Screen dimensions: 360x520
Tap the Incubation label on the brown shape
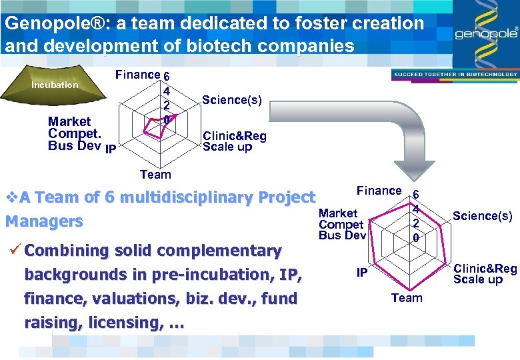(x=54, y=85)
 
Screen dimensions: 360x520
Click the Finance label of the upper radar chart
(x=137, y=75)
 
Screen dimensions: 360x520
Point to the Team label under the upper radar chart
(x=155, y=175)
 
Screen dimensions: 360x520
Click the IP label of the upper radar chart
(x=111, y=147)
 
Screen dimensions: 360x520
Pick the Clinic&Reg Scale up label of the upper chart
(x=234, y=141)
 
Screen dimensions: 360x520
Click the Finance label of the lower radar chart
(x=379, y=191)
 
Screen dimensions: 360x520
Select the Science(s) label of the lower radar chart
(x=482, y=216)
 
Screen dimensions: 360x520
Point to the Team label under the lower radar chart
(x=407, y=298)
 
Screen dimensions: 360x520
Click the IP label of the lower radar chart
(x=361, y=273)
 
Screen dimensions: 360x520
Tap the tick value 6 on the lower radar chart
(x=415, y=195)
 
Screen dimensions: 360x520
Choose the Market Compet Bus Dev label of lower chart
(x=342, y=224)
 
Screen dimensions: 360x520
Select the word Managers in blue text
(x=44, y=221)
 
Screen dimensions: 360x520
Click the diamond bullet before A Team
(x=11, y=197)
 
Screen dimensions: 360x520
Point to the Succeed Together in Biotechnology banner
(x=455, y=75)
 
